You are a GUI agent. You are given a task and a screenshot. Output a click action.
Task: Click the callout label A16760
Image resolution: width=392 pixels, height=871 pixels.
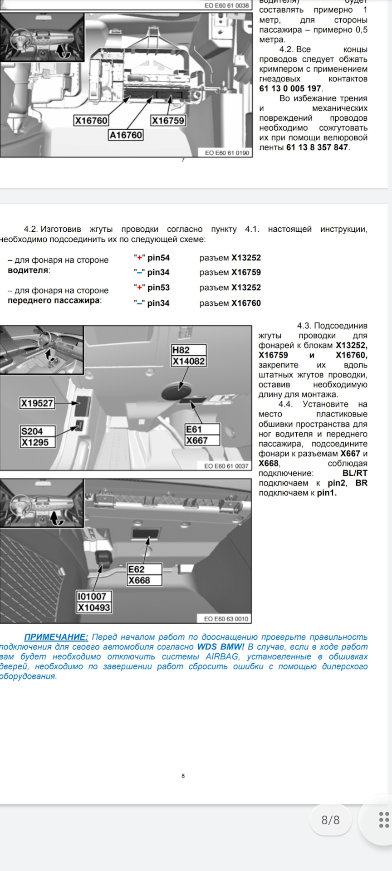point(126,135)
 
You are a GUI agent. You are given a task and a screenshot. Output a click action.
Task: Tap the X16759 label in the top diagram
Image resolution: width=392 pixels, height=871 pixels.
point(168,121)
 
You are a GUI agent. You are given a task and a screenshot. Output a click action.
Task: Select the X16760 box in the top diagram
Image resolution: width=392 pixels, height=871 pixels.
point(91,121)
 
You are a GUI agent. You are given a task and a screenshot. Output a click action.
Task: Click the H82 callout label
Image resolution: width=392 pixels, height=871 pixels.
point(181,350)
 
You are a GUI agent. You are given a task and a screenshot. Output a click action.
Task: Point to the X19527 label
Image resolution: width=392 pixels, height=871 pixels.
point(37,403)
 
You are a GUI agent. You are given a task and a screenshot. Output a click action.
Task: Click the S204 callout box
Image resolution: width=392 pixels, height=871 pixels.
point(32,431)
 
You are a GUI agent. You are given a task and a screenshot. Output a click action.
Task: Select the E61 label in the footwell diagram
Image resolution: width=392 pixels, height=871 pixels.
point(194,429)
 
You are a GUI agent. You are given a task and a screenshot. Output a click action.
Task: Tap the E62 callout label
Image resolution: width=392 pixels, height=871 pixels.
point(136,569)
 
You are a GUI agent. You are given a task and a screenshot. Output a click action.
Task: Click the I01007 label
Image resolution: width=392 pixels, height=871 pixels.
point(92,597)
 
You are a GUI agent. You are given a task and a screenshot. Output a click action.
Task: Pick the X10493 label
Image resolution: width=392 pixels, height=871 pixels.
point(94,607)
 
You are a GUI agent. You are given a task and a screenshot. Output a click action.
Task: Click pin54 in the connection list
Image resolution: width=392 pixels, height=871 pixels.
point(158,258)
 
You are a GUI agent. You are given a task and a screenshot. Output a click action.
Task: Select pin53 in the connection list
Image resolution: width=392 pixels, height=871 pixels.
point(158,288)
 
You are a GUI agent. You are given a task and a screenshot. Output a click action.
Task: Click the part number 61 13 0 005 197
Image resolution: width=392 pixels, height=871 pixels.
point(290,88)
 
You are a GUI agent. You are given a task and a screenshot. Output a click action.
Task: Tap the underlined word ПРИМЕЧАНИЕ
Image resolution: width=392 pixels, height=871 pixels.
point(56,637)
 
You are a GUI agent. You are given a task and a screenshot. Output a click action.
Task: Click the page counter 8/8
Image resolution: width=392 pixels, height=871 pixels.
point(330,820)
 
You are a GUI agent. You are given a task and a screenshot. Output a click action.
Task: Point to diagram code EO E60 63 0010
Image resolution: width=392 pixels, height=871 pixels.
point(226,619)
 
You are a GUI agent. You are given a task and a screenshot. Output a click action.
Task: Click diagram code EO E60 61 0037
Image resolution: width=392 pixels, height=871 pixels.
point(226,466)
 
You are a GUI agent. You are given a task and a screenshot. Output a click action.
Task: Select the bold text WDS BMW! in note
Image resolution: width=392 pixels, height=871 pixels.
point(220,647)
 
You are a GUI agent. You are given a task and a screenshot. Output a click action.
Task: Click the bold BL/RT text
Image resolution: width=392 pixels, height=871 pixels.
point(355,473)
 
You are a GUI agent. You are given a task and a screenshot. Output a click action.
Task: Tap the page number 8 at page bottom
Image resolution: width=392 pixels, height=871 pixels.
point(183,776)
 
